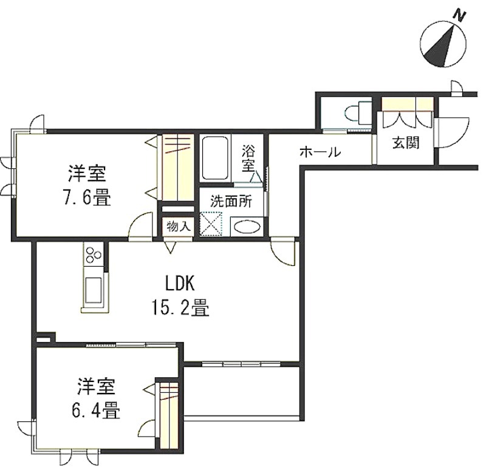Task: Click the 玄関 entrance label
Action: coord(405,143)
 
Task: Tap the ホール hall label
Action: coord(321,152)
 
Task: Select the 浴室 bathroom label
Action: coord(248,159)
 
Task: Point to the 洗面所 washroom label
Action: coord(231,202)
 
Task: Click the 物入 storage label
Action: coord(178,227)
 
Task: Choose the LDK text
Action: coord(180,283)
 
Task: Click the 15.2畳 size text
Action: coord(180,308)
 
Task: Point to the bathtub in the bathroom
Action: coord(215,158)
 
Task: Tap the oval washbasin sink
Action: coord(247,227)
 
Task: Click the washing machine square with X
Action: coord(211,223)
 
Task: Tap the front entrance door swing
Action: coord(451,132)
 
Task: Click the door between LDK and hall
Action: coord(282,251)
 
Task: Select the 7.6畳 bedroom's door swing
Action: coord(141,225)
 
